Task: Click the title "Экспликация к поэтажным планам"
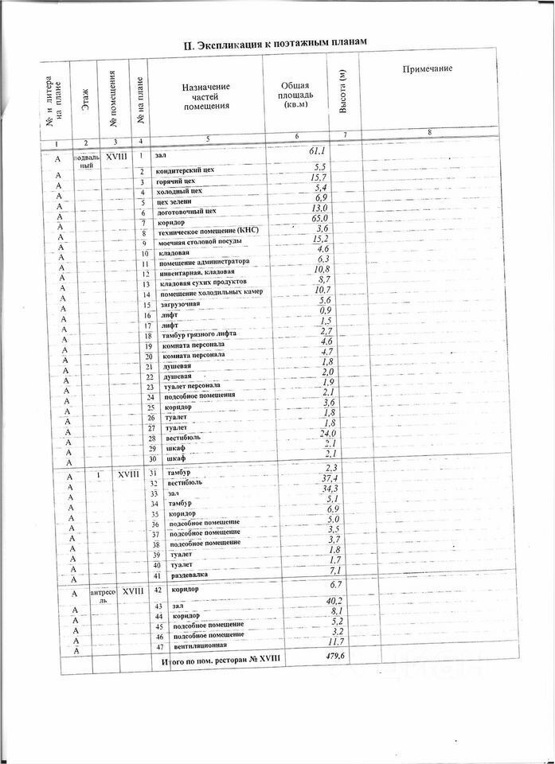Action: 275,43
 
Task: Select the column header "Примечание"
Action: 428,69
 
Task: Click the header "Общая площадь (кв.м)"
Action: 296,95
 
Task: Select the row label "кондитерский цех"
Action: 185,171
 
